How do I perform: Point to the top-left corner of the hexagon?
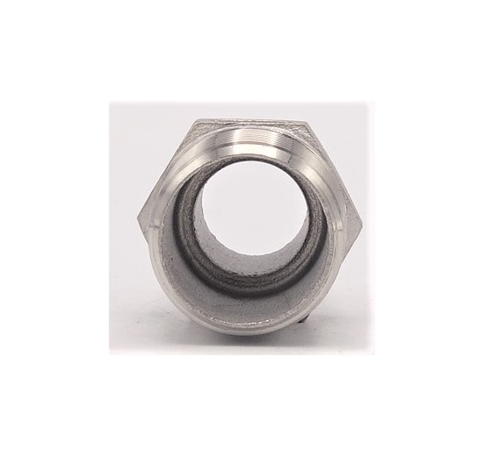191,125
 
